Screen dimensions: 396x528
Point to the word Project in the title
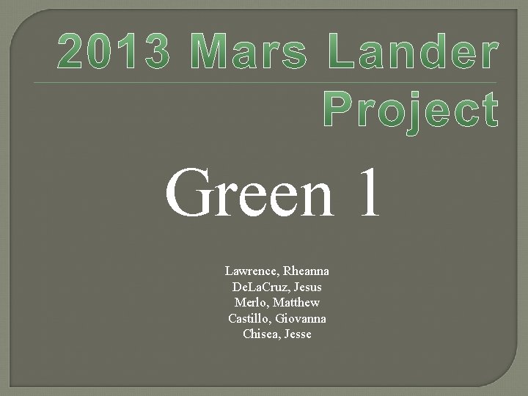(x=410, y=111)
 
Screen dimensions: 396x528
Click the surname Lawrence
(x=250, y=271)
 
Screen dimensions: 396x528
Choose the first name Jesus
(x=305, y=287)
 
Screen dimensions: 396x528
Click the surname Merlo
(x=250, y=303)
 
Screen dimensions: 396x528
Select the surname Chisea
(x=260, y=334)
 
